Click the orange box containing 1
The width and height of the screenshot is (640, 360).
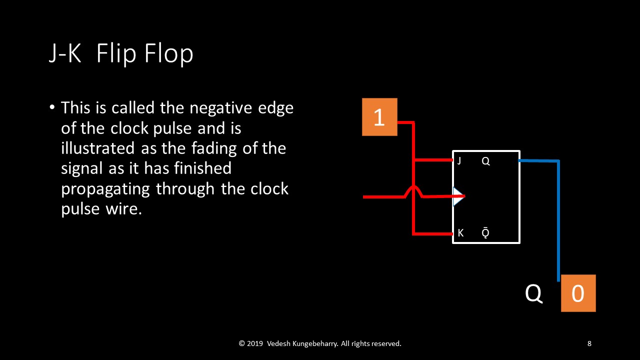pos(379,117)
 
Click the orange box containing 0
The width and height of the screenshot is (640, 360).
pos(578,293)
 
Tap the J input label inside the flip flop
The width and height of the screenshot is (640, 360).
pos(459,161)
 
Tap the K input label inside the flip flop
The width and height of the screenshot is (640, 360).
pos(460,233)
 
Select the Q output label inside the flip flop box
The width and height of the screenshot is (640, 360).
pos(485,161)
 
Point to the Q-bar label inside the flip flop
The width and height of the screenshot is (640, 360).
pos(485,232)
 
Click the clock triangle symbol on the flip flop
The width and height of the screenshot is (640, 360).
pos(458,196)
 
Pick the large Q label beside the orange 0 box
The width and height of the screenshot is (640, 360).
pos(533,293)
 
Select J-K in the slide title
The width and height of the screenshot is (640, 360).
pos(65,53)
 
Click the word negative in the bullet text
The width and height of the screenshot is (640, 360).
pos(221,108)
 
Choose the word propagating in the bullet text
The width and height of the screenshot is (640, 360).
pos(105,189)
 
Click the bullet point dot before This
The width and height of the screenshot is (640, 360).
pos(52,107)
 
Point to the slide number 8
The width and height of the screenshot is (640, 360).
pos(589,343)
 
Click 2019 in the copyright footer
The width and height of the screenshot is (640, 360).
pos(255,343)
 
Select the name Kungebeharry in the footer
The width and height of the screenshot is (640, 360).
pos(315,343)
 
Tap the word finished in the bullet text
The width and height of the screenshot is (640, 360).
pos(203,168)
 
